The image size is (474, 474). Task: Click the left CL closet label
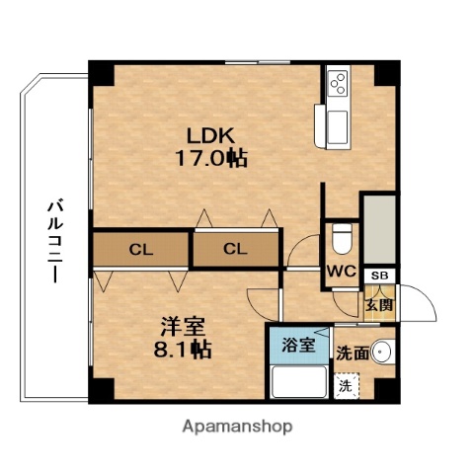click(x=141, y=249)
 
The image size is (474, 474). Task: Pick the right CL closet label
click(x=234, y=249)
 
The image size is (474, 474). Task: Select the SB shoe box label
click(x=378, y=276)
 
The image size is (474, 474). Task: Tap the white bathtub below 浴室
click(x=299, y=381)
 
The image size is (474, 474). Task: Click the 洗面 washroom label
click(x=352, y=353)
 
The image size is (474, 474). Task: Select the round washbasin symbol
click(x=385, y=353)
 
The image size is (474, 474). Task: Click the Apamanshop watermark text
click(x=237, y=427)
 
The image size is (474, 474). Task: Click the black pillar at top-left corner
click(x=100, y=72)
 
